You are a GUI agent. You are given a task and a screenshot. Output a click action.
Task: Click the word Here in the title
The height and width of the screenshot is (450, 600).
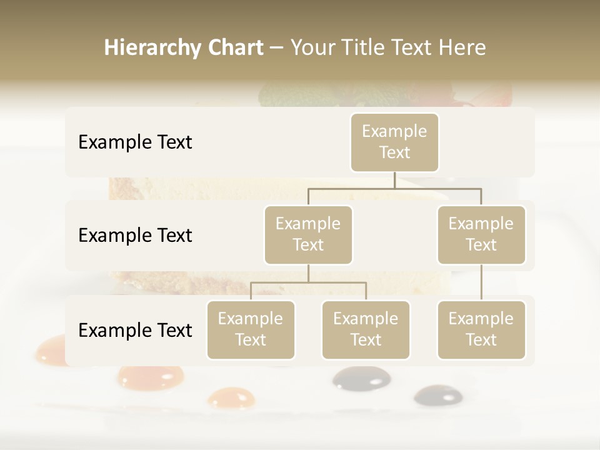coord(462,48)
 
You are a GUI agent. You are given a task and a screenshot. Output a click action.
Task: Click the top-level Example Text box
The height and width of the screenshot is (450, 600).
coord(394,142)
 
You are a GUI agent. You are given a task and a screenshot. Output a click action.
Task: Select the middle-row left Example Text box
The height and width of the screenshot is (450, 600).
coord(308,234)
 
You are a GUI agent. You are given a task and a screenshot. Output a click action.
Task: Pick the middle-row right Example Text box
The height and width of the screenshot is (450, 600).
coord(481,234)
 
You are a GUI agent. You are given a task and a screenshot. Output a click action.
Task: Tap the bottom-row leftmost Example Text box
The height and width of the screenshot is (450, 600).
coord(251,329)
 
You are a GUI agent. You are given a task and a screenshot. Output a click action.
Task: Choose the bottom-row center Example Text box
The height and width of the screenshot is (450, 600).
coord(366,329)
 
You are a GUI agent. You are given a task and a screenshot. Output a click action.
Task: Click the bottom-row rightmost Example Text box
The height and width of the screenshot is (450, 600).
coord(481,329)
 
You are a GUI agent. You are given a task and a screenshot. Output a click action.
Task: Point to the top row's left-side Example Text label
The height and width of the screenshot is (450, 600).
coord(135,142)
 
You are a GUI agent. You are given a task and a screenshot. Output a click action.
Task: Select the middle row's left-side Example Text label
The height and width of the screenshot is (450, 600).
coord(135,236)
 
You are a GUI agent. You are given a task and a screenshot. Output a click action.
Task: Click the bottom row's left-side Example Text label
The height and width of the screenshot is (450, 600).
coord(135,330)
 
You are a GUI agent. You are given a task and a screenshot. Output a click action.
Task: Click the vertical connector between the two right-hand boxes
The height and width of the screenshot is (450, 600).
coord(481,282)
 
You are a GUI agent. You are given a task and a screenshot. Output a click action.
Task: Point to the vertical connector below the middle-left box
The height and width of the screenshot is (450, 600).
coord(308,274)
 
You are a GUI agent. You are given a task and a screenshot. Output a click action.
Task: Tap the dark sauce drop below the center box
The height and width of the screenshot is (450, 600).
coord(361,378)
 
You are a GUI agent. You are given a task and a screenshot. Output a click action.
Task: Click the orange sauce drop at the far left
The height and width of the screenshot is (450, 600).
coord(50,351)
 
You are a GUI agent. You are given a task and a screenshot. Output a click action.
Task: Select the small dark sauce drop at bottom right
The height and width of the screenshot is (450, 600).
coord(438,394)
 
